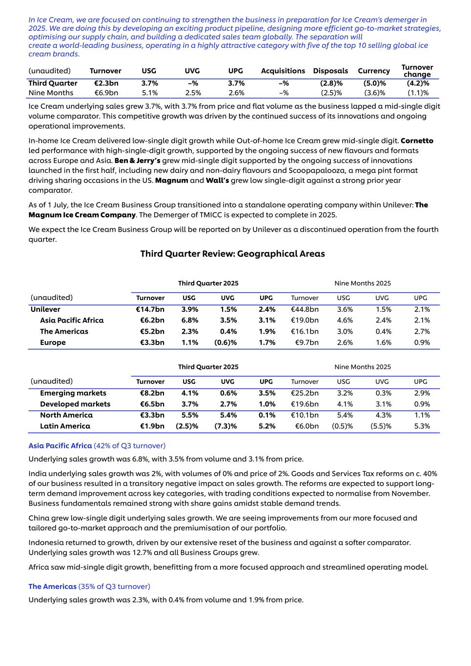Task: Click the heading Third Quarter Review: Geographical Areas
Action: point(232,254)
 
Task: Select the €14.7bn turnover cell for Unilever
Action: point(150,309)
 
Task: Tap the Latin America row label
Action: point(65,426)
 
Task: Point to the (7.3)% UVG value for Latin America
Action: point(225,426)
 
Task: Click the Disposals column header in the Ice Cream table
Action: point(330,71)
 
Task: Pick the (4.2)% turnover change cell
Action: point(418,83)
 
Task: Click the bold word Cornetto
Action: point(417,141)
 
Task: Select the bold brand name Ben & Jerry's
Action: point(137,161)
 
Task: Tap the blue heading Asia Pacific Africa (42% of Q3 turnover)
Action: point(97,446)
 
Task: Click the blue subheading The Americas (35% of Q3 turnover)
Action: point(89,586)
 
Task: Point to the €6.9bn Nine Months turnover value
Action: point(106,93)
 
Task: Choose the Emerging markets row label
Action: point(73,393)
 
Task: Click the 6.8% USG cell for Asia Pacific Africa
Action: point(189,321)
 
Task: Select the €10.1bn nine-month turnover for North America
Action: point(305,415)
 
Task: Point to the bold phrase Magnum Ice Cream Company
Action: point(82,215)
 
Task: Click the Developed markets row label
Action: point(75,404)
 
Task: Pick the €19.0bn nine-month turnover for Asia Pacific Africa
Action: point(305,321)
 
